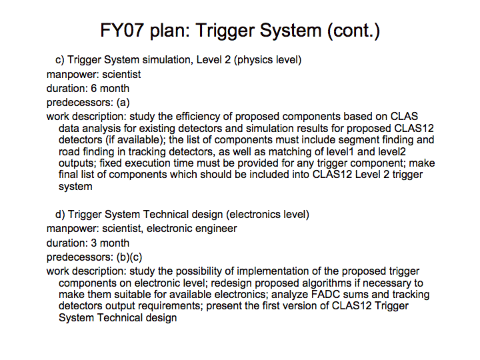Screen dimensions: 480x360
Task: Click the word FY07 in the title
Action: tap(122, 30)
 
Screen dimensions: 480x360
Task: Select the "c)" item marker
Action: tap(60, 59)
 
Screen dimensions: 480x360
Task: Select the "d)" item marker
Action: tap(60, 214)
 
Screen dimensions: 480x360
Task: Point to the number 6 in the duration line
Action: tap(94, 89)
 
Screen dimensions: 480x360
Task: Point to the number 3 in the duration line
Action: tap(94, 243)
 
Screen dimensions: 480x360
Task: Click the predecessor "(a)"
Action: tap(123, 103)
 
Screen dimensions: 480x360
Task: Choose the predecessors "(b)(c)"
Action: tap(129, 257)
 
